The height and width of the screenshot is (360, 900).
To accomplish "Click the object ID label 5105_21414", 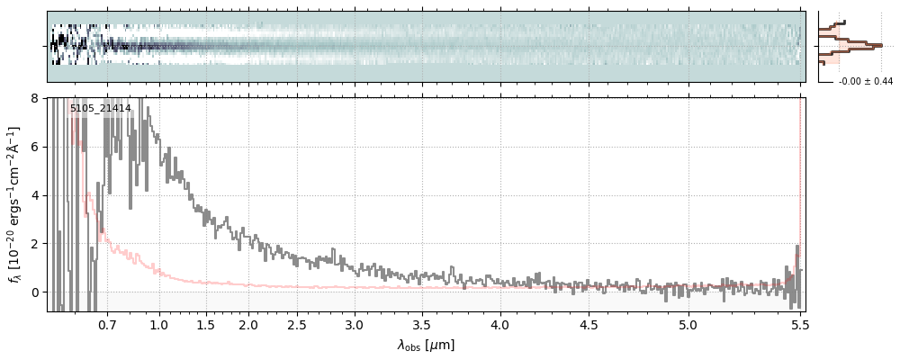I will pyautogui.click(x=101, y=109).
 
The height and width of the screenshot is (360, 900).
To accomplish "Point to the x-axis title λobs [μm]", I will pyautogui.click(x=426, y=345).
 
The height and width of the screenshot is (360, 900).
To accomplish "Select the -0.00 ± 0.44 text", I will pyautogui.click(x=866, y=82).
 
